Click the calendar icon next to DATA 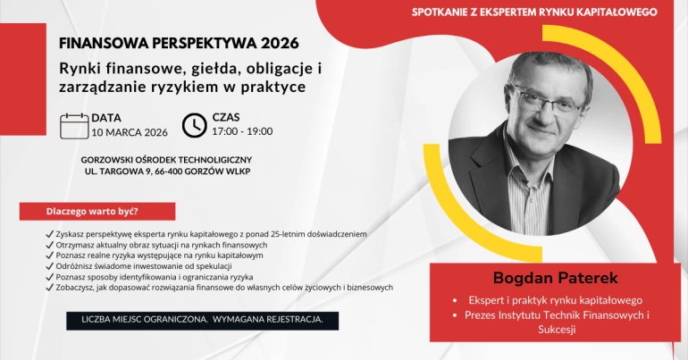pos(74,126)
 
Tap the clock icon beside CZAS pos(195,125)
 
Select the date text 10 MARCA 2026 pos(130,132)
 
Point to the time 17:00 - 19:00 pos(242,131)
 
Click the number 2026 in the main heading pos(280,43)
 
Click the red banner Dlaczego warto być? pos(97,212)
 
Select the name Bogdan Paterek pos(555,278)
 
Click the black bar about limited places pos(202,321)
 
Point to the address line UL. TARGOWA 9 pos(118,172)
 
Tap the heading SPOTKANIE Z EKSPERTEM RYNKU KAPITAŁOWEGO pos(534,13)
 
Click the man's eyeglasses pos(547,99)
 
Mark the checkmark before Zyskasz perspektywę pos(49,234)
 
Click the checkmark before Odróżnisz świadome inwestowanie pos(49,266)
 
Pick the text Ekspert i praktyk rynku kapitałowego pos(555,300)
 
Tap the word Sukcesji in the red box pos(557,330)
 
